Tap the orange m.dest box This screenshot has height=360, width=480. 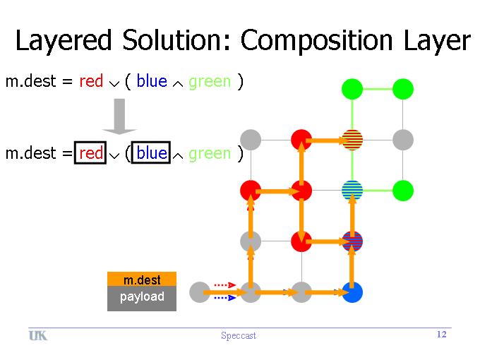[x=142, y=280]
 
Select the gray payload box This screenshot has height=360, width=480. [x=142, y=297]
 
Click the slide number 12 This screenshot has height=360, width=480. [x=442, y=335]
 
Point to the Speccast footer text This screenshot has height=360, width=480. [x=239, y=336]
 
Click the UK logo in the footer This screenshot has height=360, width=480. [x=38, y=335]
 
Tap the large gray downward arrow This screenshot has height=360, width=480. [x=119, y=116]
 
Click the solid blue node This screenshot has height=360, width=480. [x=352, y=292]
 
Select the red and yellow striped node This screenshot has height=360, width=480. [x=352, y=140]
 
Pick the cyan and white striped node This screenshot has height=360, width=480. [x=352, y=190]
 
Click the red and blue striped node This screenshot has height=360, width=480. [x=352, y=241]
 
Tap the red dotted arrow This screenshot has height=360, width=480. [x=224, y=285]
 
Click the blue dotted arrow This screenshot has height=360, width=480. [x=224, y=298]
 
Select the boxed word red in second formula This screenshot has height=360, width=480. [x=91, y=153]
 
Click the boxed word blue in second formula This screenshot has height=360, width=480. [x=152, y=153]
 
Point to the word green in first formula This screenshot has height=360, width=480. [x=210, y=81]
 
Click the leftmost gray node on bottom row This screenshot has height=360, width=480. [x=200, y=292]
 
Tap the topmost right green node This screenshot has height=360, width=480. [x=402, y=89]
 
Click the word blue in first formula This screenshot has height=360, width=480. [x=152, y=81]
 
